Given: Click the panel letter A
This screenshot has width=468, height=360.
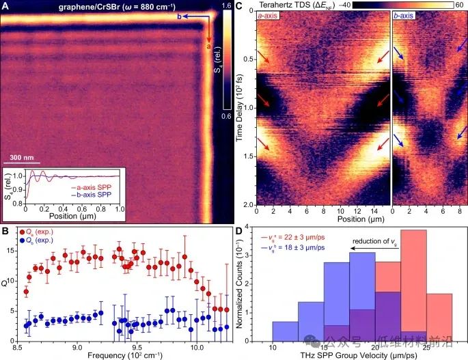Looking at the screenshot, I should [x=5, y=6].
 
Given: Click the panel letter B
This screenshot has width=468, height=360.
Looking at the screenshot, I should [x=5, y=231].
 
